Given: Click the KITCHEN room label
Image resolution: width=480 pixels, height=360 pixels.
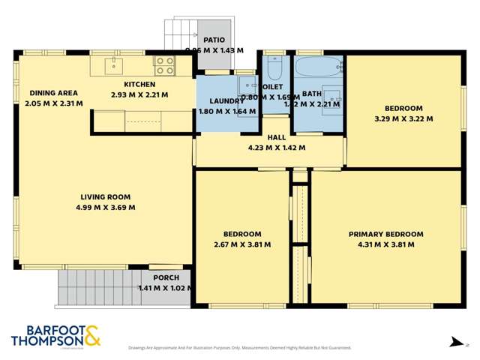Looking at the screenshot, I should point(139,85).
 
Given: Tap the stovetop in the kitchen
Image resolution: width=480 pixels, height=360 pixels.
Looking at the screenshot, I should point(164,65).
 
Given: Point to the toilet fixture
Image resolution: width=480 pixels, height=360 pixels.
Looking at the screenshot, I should point(273,69).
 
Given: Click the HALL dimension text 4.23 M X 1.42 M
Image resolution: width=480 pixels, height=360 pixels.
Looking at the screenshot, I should point(276,148).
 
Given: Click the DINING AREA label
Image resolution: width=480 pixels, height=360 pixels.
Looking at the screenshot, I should point(53,93).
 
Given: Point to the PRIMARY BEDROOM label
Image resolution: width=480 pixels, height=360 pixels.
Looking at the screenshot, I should point(385,234).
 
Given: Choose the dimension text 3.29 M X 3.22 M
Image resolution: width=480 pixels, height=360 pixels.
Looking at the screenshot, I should point(403,118).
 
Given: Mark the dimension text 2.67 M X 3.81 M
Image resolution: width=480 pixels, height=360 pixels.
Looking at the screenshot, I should point(242,244).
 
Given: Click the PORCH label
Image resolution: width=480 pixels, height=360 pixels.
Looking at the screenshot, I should point(166,277).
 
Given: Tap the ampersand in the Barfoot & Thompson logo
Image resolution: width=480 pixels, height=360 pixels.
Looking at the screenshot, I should point(92,335).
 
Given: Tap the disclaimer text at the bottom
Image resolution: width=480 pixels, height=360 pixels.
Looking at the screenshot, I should point(240,348).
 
